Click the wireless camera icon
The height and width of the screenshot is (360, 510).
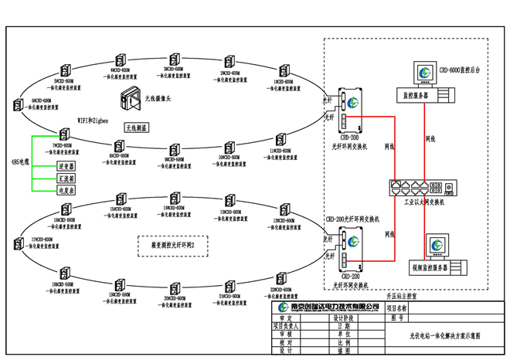(129, 98)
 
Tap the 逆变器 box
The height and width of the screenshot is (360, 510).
(66, 166)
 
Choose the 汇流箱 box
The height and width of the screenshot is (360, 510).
(66, 178)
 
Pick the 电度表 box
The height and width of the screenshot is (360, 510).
(66, 189)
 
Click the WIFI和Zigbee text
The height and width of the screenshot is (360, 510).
(93, 121)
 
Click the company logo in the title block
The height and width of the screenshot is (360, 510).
(284, 308)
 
